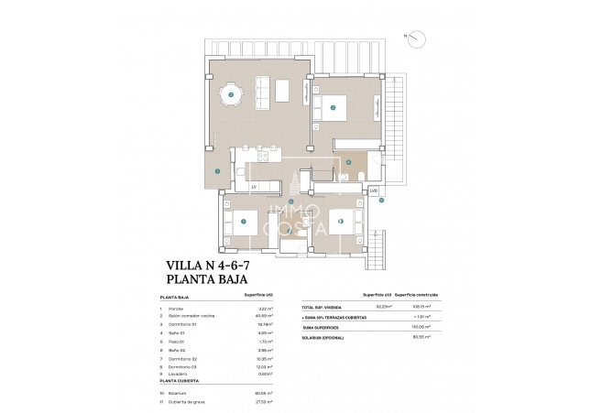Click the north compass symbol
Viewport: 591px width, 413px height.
(x=418, y=38)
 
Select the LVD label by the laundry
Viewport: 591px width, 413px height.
(x=373, y=190)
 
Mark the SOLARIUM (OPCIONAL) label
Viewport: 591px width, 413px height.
(x=324, y=336)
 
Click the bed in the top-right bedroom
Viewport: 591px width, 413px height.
(x=333, y=108)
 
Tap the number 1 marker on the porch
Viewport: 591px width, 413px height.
(x=217, y=171)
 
